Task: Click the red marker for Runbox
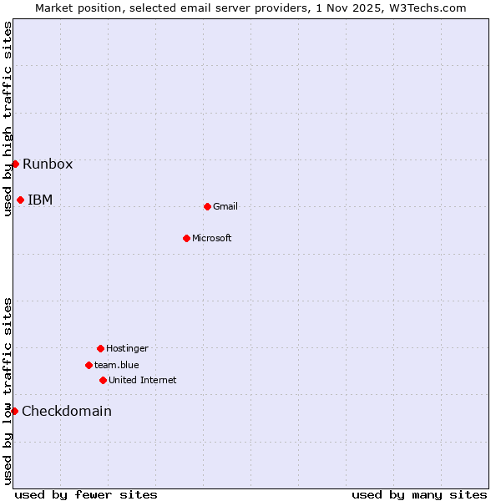(15, 164)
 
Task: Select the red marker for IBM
(20, 200)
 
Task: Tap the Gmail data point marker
(207, 206)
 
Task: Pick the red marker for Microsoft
(186, 238)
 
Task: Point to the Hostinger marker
(100, 348)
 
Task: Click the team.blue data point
(89, 365)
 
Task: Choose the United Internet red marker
(103, 380)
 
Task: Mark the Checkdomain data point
(14, 411)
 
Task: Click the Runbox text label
(48, 164)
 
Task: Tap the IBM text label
(40, 200)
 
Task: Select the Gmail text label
(225, 206)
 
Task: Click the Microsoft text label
(212, 238)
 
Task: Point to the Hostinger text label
(127, 348)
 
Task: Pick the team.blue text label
(117, 365)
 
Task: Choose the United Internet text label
(143, 380)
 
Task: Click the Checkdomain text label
(67, 411)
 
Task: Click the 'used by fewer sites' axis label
(86, 494)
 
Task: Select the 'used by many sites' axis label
(419, 494)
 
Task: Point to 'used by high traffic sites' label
(8, 119)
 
